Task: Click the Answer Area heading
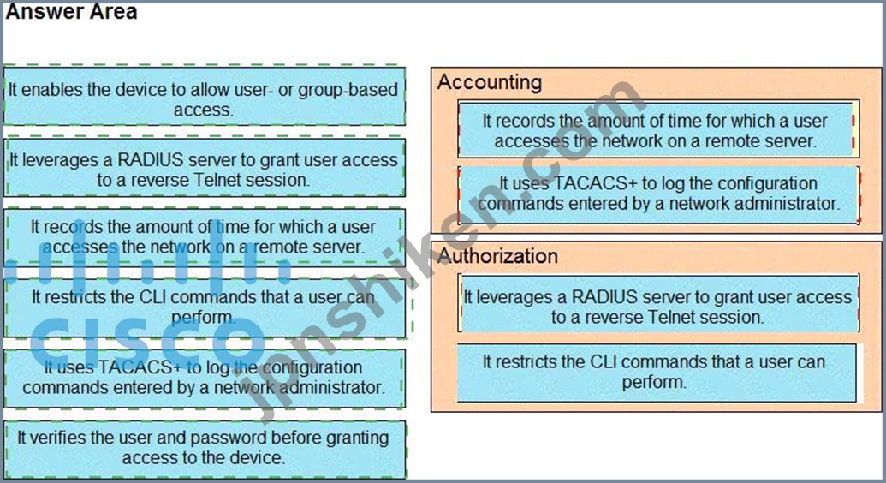point(70,12)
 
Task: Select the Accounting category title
point(490,82)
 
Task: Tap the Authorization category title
point(497,256)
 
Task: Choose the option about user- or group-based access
point(204,99)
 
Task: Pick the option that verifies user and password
point(204,448)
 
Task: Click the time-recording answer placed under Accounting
point(656,131)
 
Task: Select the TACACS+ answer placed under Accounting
point(658,194)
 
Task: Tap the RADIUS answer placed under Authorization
point(657,307)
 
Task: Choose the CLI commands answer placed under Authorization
point(655,372)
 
